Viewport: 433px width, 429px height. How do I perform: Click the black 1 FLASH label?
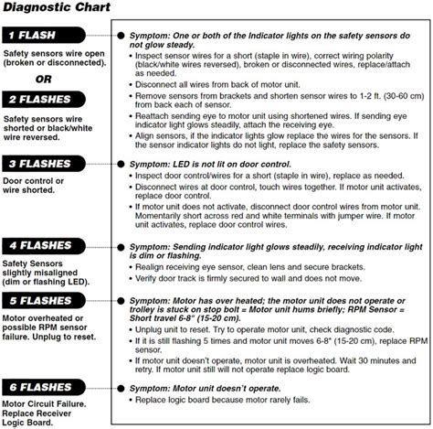[46, 36]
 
